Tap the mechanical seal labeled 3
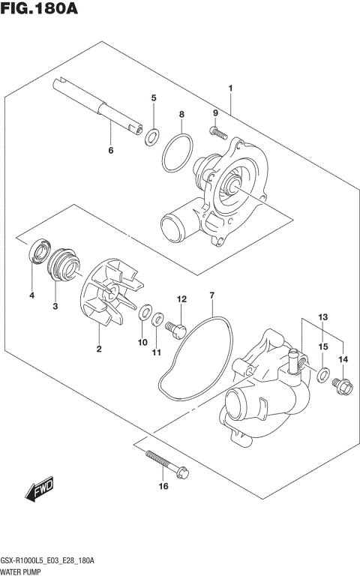point(60,264)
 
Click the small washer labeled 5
point(152,136)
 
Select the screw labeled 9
point(219,133)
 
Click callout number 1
point(231,88)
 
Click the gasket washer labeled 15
point(322,375)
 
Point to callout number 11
point(157,352)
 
